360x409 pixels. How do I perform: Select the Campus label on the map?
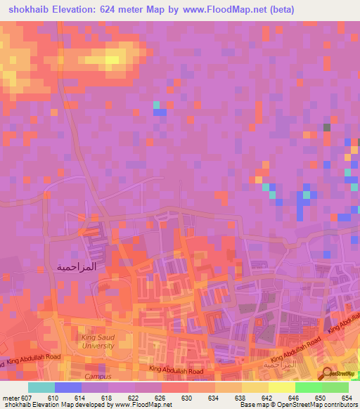point(98,376)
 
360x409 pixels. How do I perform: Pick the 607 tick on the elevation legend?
point(26,397)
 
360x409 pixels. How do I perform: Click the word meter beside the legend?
point(11,397)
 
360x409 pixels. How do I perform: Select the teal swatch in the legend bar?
point(41,387)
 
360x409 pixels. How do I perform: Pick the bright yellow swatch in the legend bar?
point(281,387)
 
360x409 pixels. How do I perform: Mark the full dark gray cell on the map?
point(326,127)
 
